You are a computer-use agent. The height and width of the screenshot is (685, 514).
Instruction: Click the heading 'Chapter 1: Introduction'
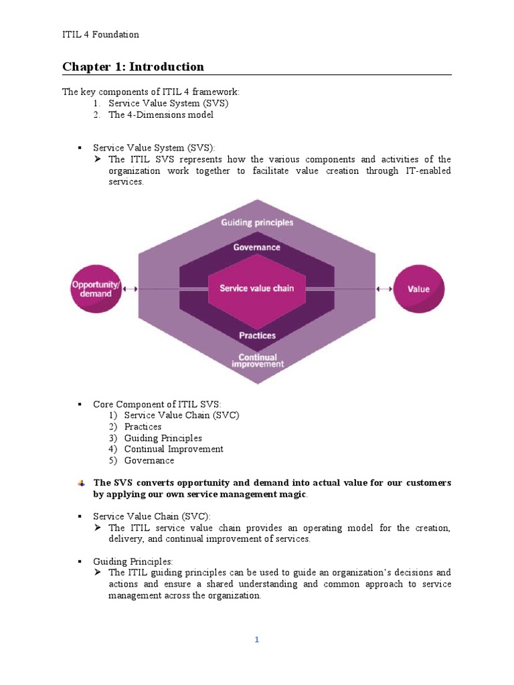coord(133,66)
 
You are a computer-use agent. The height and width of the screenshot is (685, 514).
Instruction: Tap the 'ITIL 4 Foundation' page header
coord(100,35)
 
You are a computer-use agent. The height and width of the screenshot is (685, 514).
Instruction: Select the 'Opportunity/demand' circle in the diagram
coord(96,289)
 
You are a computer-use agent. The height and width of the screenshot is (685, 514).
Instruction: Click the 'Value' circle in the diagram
coord(419,289)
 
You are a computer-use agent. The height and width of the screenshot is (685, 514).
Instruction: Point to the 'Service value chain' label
coord(257,288)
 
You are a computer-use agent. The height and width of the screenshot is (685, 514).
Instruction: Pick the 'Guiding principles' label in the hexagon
coord(257,222)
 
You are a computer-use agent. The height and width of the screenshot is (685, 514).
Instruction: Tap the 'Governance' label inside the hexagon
coord(257,247)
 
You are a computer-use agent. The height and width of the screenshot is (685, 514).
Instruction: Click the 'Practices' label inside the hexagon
coord(257,335)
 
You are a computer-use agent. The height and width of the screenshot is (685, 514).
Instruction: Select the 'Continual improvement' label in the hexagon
coord(258,361)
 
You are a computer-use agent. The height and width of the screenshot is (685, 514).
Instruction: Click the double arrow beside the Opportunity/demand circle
coord(131,289)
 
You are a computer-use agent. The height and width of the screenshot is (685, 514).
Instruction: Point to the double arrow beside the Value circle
coord(384,289)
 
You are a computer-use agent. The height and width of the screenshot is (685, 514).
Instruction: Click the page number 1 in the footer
coord(256,640)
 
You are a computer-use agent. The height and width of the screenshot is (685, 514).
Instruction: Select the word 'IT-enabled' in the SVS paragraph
coord(427,171)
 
